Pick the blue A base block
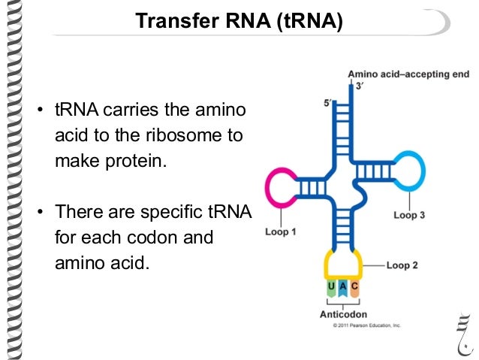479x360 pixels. pos(343,286)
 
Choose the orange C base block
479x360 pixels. pos(355,286)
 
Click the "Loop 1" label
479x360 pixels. pos(280,232)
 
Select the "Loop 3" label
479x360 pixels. pos(409,215)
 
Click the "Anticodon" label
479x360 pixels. pos(343,315)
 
